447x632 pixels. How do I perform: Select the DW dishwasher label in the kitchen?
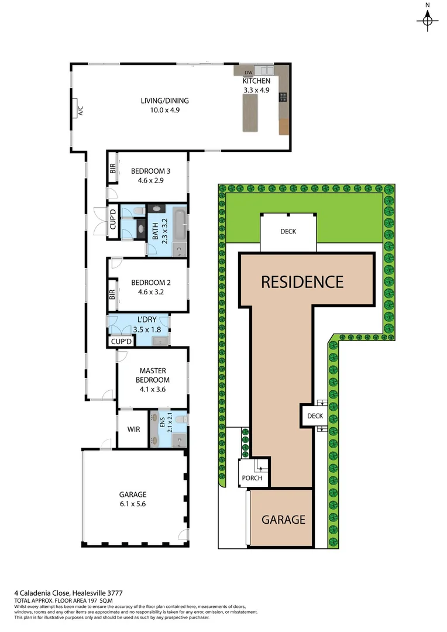coord(248,72)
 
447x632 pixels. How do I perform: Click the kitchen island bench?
coord(250,112)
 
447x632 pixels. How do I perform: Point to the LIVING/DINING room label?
coord(164,101)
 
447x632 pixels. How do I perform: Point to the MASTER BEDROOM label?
coord(153,375)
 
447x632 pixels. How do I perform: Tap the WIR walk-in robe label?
coord(133,429)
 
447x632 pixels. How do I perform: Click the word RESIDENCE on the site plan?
coord(302,282)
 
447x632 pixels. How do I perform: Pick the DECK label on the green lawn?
coord(288,231)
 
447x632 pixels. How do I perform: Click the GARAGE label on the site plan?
coord(283,519)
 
